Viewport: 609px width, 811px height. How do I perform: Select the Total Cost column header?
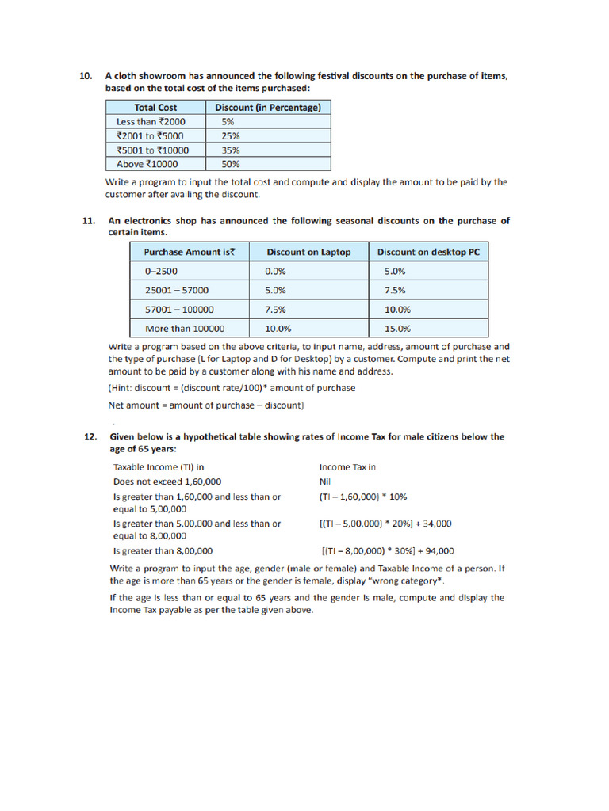click(155, 107)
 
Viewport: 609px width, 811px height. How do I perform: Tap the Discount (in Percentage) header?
click(268, 107)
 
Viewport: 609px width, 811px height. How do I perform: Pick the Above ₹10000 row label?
click(147, 164)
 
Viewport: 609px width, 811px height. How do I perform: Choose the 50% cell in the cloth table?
click(231, 164)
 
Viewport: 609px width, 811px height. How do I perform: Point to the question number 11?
click(89, 221)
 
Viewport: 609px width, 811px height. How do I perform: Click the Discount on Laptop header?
click(308, 252)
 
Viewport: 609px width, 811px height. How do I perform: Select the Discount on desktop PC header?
click(428, 252)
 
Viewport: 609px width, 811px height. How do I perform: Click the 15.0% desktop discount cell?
click(397, 328)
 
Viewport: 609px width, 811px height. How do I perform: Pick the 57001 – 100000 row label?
click(179, 309)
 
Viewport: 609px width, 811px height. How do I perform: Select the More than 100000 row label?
click(185, 328)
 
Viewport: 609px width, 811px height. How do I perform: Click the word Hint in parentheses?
click(121, 388)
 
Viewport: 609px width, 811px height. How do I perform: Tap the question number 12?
click(90, 436)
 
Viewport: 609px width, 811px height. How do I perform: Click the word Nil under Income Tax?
click(325, 482)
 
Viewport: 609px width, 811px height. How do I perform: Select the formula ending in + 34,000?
click(385, 524)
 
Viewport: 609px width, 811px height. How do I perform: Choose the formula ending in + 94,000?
click(388, 551)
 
